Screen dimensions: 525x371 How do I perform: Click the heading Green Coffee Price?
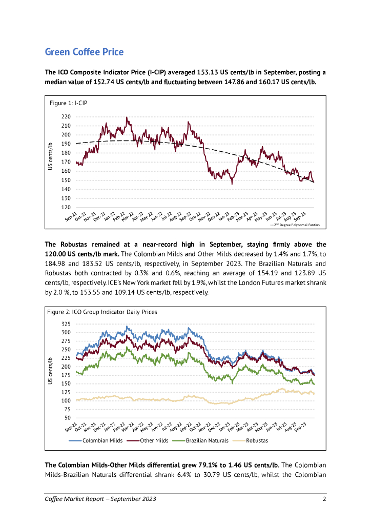(x=84, y=52)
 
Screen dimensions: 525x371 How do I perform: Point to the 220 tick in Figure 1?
(x=66, y=117)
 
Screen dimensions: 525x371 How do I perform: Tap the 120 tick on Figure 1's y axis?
(x=66, y=207)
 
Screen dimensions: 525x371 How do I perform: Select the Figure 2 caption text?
(x=101, y=311)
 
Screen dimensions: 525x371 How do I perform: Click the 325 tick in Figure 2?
(x=66, y=324)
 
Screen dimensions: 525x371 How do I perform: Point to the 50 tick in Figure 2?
(x=68, y=418)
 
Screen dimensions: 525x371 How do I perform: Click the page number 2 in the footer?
(x=324, y=499)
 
